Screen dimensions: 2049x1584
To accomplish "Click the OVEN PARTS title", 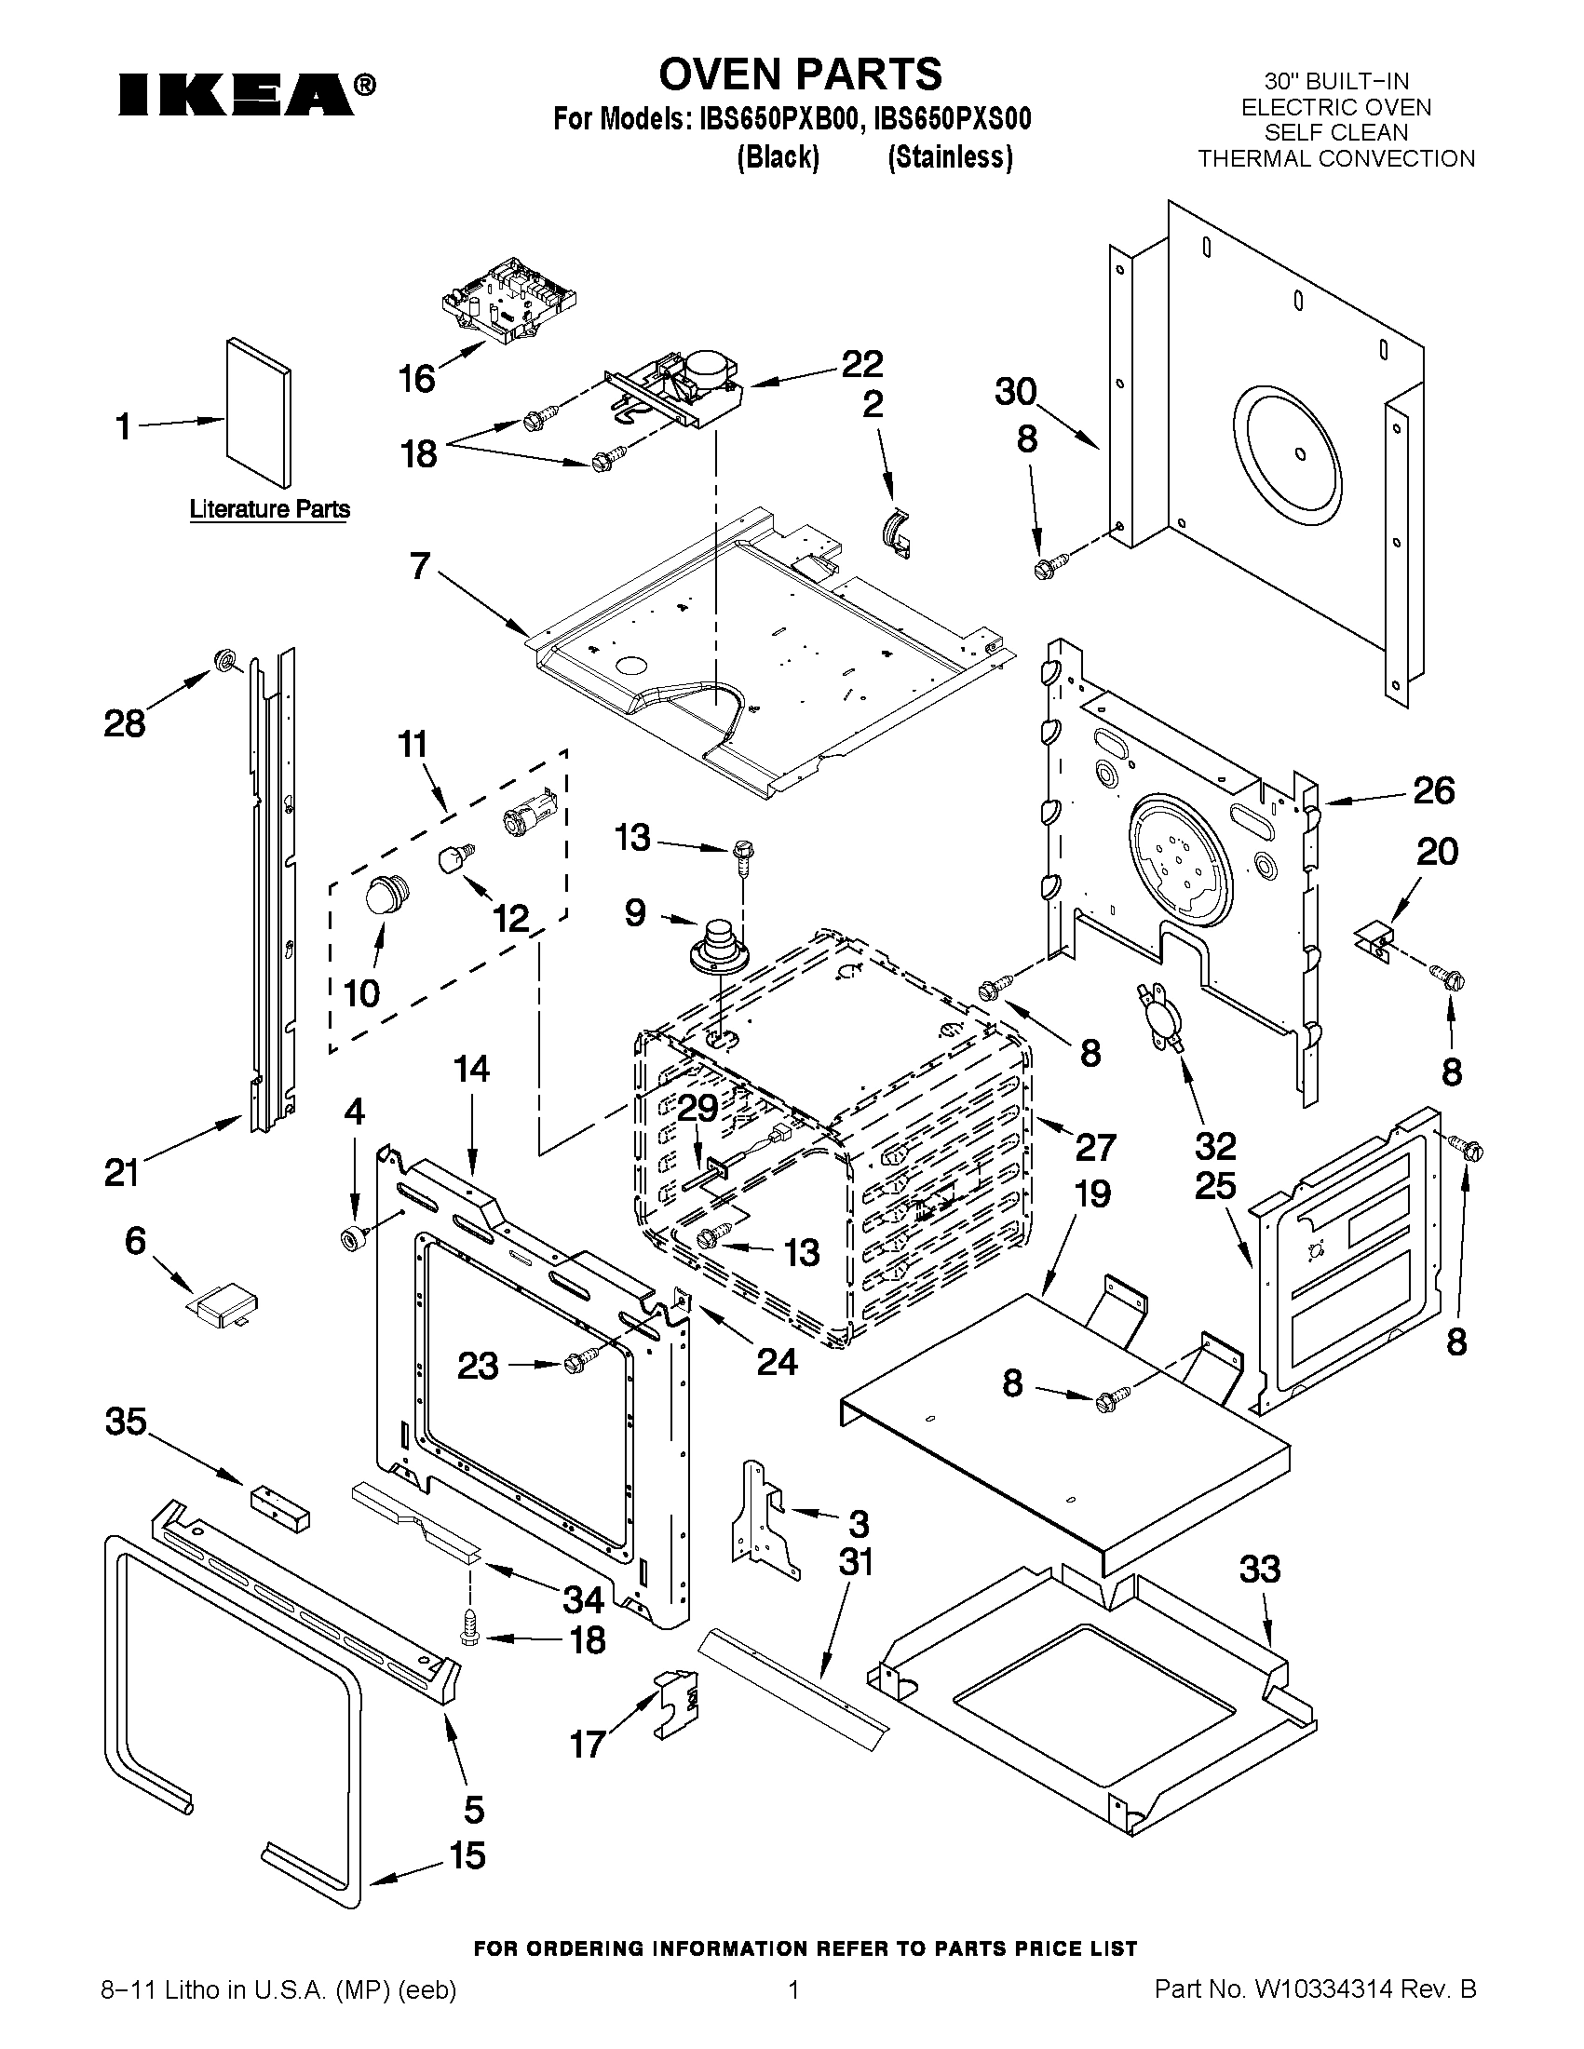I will (x=800, y=74).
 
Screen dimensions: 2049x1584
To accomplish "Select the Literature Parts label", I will (x=269, y=509).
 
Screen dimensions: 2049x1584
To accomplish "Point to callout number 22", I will (x=861, y=364).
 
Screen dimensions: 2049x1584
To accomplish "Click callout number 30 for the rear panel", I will (x=1015, y=392).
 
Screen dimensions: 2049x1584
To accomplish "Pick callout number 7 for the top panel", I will (x=419, y=566).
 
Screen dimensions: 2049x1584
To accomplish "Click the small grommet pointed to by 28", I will (x=225, y=660).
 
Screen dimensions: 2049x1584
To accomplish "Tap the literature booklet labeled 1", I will (x=257, y=413).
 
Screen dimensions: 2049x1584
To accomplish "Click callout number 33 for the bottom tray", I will (x=1259, y=1569).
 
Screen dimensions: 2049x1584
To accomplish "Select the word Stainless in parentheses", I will (x=951, y=156).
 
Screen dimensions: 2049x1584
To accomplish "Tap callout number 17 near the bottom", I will (x=588, y=1744).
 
